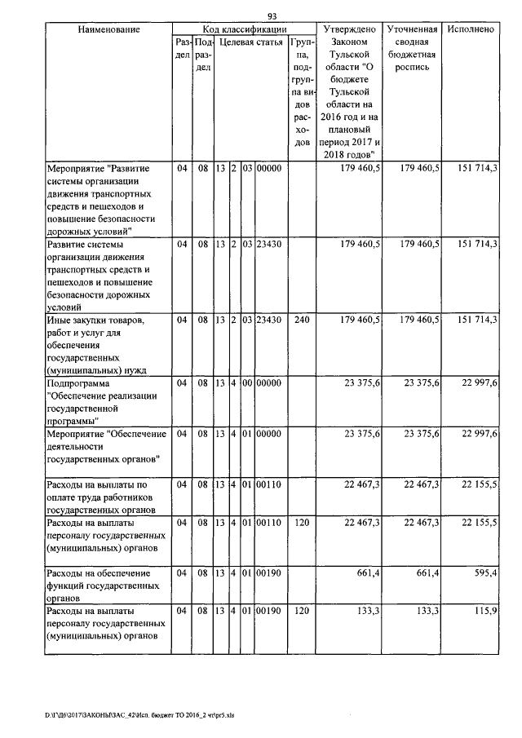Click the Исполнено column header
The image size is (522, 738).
[471, 29]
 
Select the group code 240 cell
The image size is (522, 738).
[301, 320]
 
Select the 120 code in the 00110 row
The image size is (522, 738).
[301, 519]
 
